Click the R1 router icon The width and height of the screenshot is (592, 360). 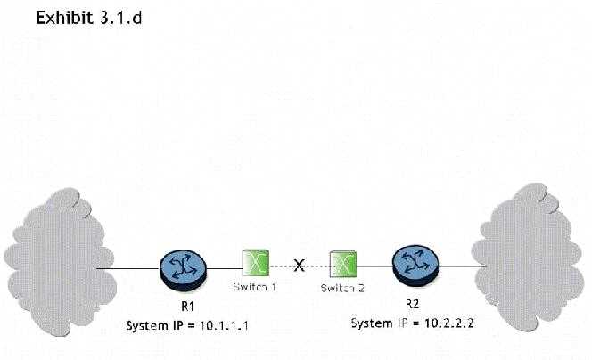tap(184, 267)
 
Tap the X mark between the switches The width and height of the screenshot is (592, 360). tap(300, 266)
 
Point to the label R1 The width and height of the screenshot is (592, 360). tap(185, 307)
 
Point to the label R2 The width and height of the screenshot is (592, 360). tap(413, 303)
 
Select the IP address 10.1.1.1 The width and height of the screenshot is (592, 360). tap(218, 324)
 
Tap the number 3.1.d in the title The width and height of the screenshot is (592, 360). tap(119, 19)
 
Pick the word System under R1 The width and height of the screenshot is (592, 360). tap(146, 324)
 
